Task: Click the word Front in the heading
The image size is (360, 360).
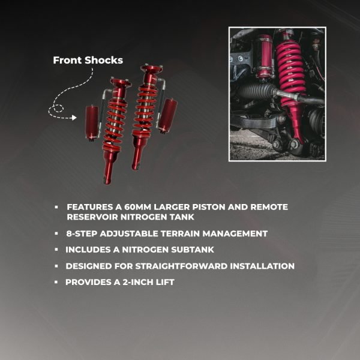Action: tap(67, 60)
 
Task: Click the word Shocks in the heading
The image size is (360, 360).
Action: tap(104, 60)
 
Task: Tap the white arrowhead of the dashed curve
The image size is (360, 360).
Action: tap(74, 118)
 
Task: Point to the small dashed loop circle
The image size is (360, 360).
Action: tap(58, 109)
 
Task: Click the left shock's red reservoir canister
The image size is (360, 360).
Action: tap(92, 123)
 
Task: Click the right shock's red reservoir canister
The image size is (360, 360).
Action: tap(168, 116)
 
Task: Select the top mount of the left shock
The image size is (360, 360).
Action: tap(121, 82)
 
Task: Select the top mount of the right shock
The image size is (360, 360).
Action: tap(152, 69)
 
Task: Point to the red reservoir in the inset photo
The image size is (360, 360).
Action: tap(265, 56)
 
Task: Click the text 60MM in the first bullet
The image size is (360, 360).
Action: tap(137, 207)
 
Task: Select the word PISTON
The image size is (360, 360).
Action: tap(209, 207)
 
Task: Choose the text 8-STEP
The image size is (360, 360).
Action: tap(82, 234)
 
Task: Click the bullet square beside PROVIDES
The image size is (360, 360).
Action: tap(56, 282)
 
